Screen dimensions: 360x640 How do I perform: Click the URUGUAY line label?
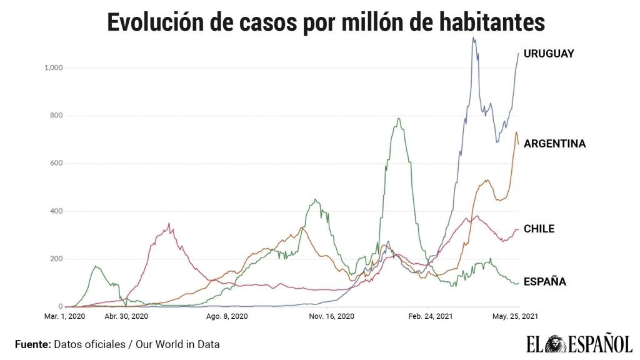click(x=548, y=54)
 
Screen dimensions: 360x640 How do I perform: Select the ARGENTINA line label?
click(x=554, y=144)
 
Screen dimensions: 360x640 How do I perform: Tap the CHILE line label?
click(x=539, y=229)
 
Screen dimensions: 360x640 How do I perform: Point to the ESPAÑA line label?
click(x=544, y=282)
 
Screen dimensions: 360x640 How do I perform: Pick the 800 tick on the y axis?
click(x=56, y=116)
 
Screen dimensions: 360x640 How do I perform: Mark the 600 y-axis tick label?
click(x=56, y=163)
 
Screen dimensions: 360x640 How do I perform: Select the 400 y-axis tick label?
click(x=56, y=211)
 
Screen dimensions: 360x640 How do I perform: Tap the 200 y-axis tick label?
click(x=56, y=259)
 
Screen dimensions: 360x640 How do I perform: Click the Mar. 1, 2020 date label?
click(x=64, y=316)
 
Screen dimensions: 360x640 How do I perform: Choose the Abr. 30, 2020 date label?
click(x=126, y=316)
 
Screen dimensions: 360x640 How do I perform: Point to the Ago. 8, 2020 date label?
click(x=227, y=316)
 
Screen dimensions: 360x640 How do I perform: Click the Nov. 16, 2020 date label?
click(x=331, y=316)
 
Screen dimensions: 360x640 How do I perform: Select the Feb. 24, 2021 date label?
click(x=431, y=316)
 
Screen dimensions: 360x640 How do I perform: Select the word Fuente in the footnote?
click(x=32, y=344)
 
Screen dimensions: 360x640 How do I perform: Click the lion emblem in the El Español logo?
click(x=553, y=344)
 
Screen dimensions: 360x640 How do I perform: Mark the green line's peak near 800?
click(x=398, y=118)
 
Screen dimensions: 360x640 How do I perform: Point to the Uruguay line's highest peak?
click(x=473, y=38)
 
